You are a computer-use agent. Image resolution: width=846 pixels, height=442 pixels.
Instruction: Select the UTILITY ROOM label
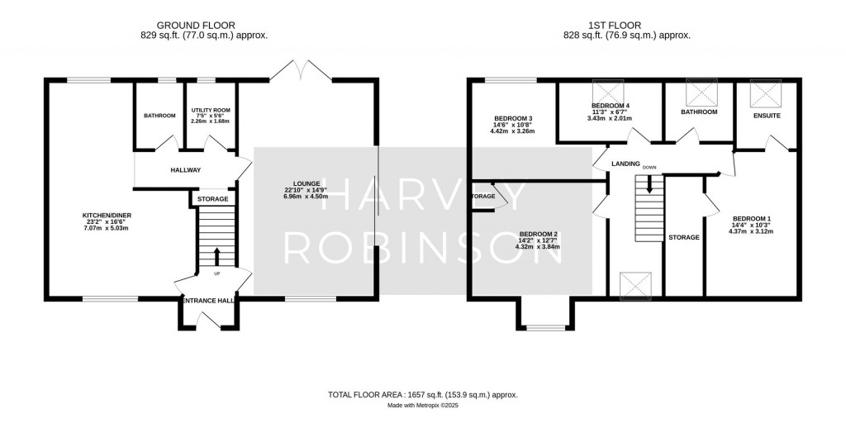210,110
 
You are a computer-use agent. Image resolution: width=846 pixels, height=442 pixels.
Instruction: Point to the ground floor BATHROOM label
159,116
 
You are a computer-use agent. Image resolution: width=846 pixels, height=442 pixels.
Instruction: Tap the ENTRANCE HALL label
205,301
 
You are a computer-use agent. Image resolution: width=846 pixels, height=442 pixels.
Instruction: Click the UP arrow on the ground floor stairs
217,255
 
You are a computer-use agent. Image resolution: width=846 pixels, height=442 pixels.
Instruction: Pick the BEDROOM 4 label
611,107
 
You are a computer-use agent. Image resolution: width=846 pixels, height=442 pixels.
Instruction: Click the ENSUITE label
767,116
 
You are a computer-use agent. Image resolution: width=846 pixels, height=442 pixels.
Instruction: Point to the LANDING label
625,164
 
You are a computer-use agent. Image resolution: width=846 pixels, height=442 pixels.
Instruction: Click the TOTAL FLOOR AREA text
423,396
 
